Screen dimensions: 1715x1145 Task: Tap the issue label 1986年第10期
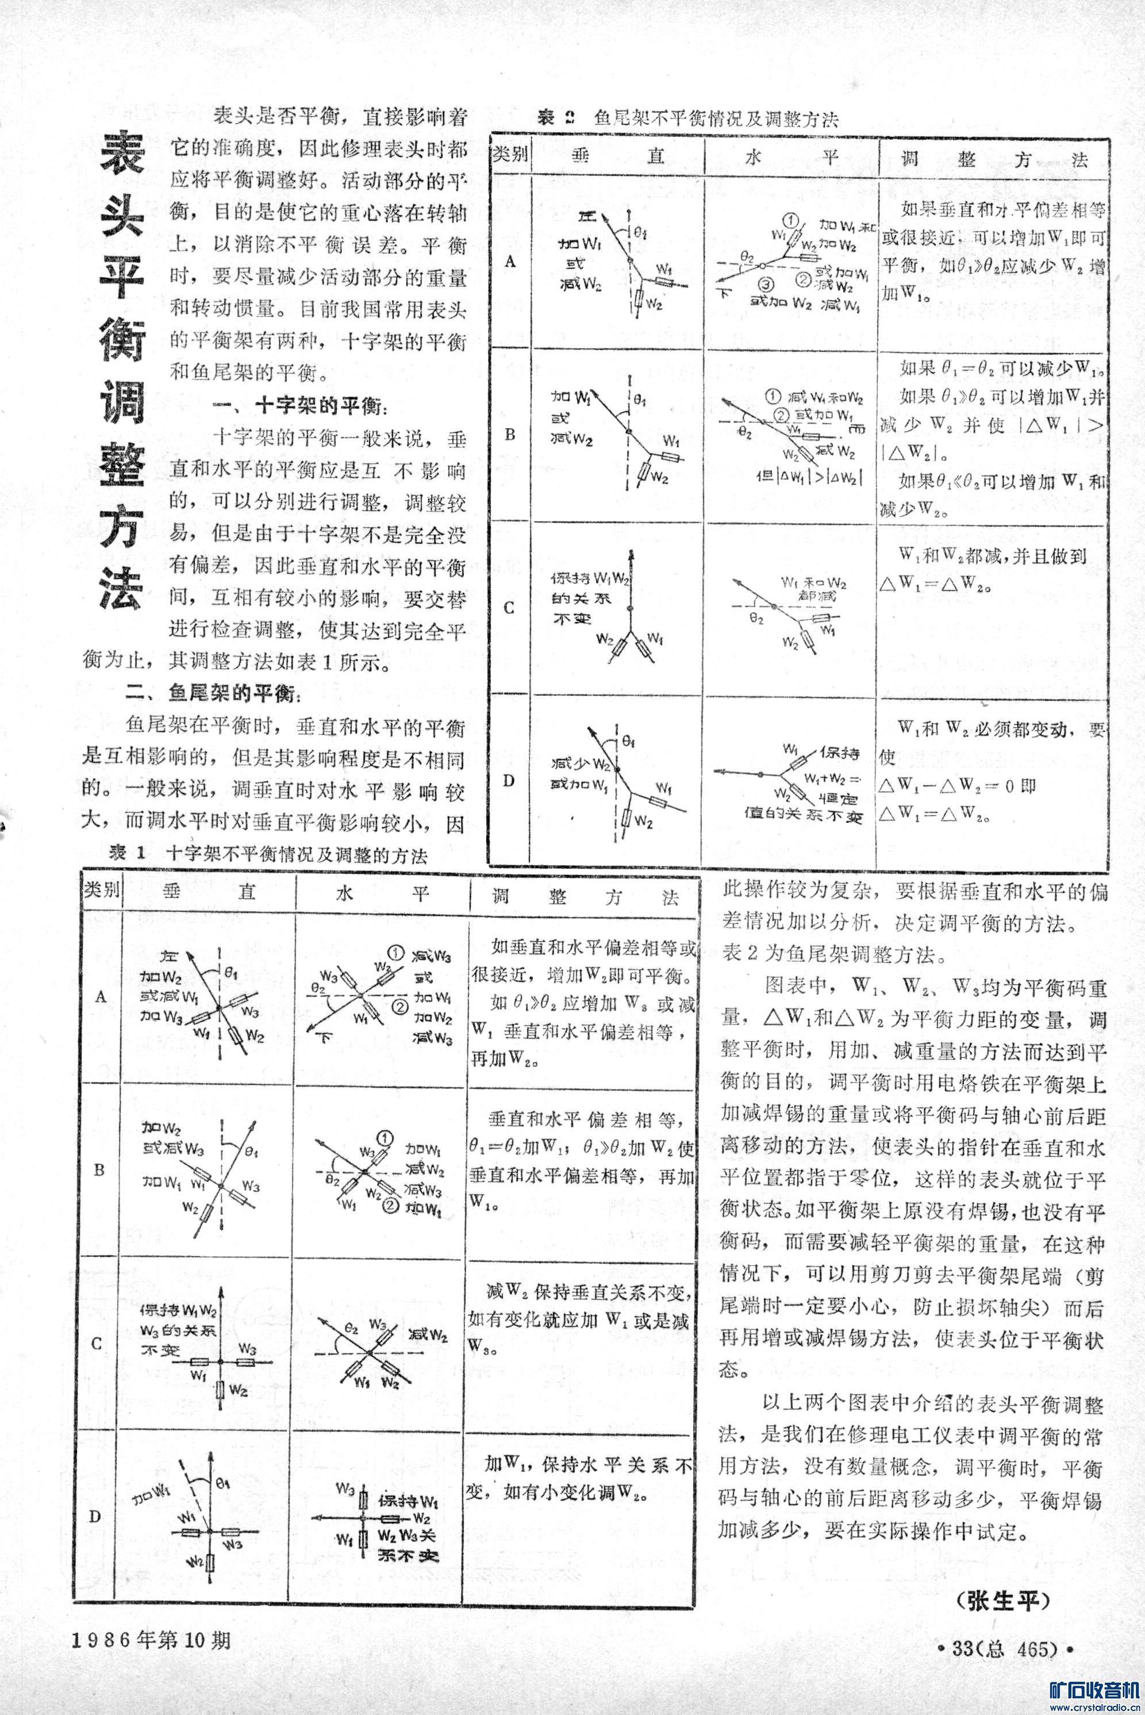pyautogui.click(x=151, y=1640)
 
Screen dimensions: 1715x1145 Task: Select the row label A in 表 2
pyautogui.click(x=510, y=262)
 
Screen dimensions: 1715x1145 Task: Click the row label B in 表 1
pyautogui.click(x=99, y=1169)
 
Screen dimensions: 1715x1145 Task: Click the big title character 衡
pyautogui.click(x=122, y=337)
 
